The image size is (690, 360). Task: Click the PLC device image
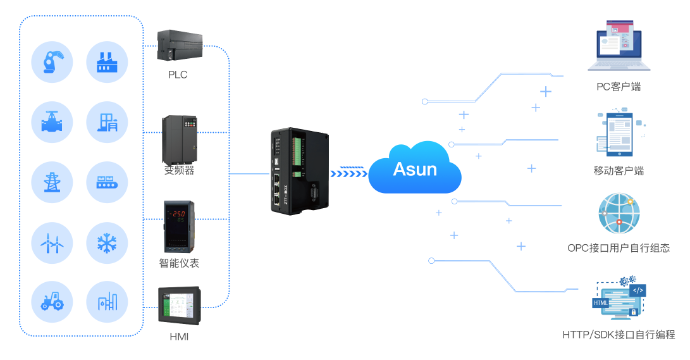(180, 46)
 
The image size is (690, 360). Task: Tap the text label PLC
(178, 75)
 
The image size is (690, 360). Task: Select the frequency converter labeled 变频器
(180, 139)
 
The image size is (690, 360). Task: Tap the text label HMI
(179, 337)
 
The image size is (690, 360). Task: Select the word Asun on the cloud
(415, 169)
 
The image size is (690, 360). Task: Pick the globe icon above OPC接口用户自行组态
(619, 213)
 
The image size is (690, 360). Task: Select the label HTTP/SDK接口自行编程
(618, 335)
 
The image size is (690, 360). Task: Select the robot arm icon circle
(52, 62)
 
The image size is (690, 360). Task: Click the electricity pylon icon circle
(52, 182)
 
